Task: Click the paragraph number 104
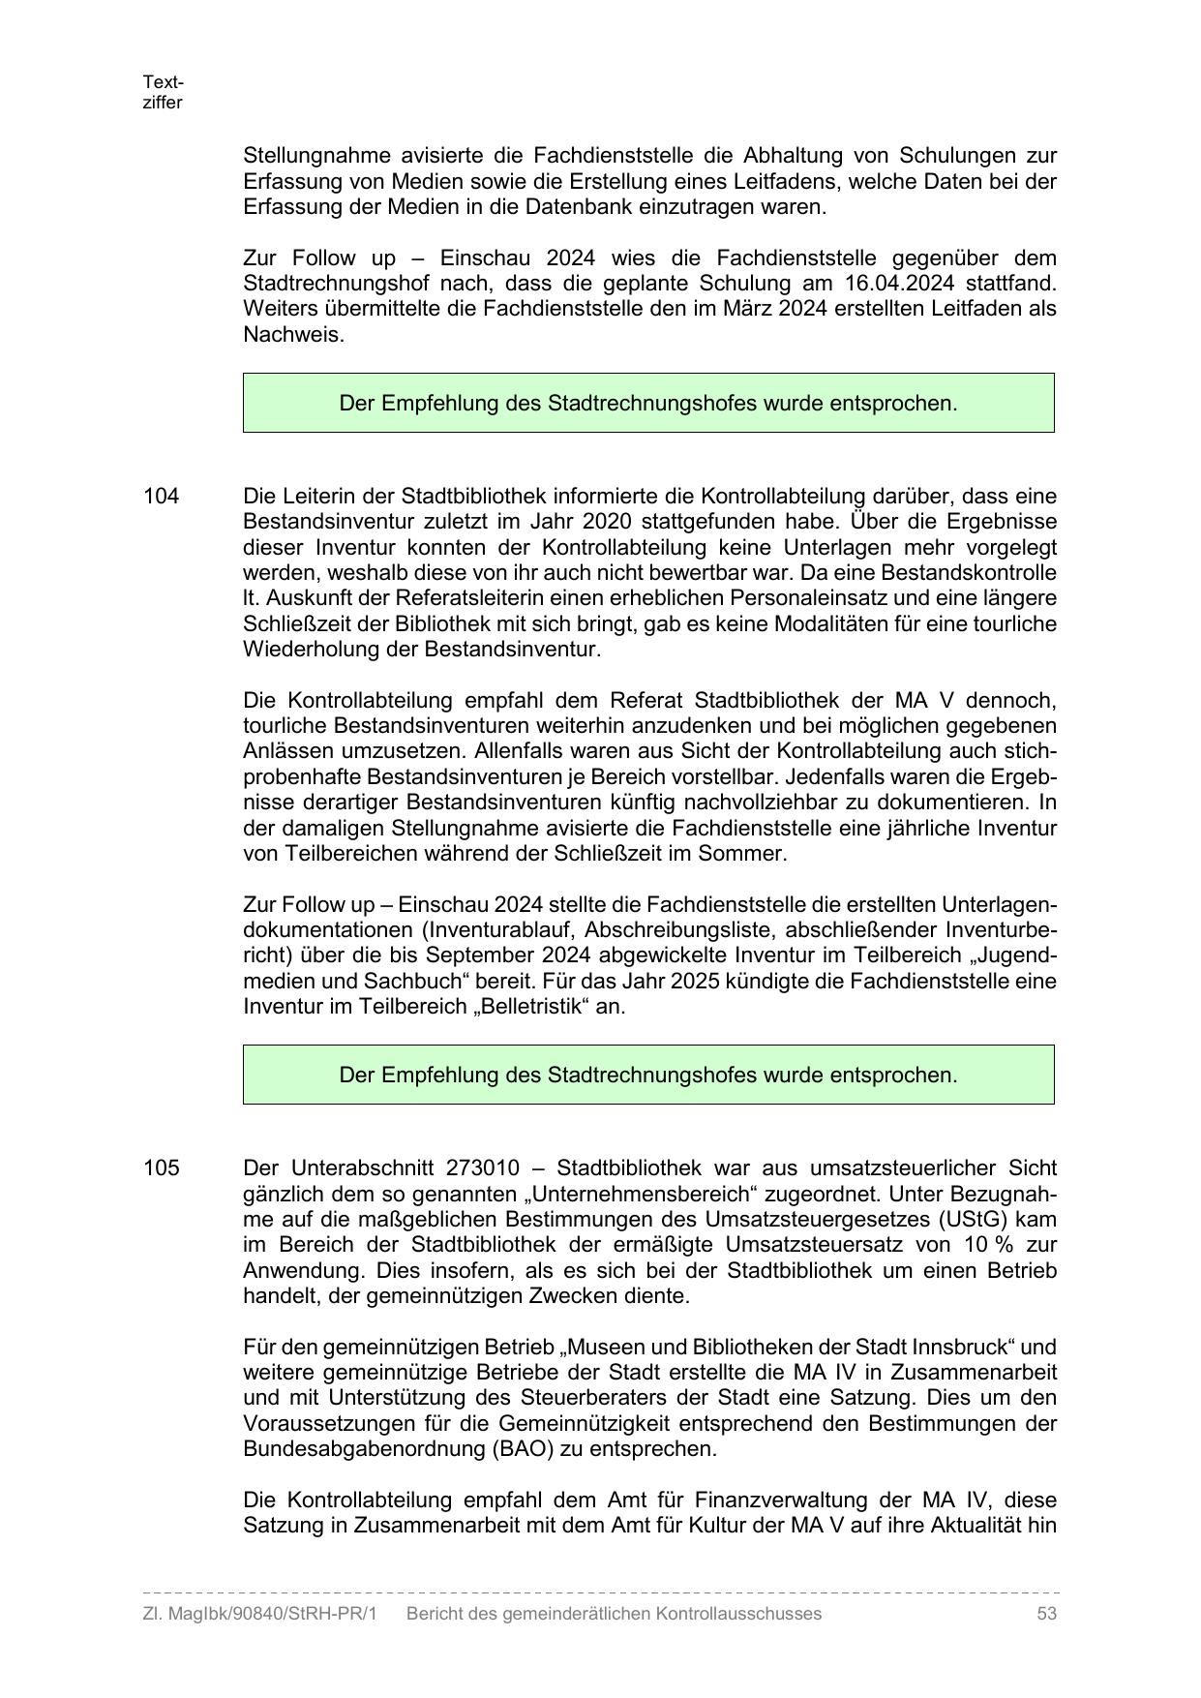pyautogui.click(x=161, y=496)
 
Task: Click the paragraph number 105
pyautogui.click(x=161, y=1167)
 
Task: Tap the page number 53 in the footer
pyautogui.click(x=1045, y=1613)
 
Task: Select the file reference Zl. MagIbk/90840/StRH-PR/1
pyautogui.click(x=258, y=1613)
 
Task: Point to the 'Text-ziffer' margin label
pyautogui.click(x=163, y=92)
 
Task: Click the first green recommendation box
pyautogui.click(x=648, y=403)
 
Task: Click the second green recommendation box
pyautogui.click(x=648, y=1075)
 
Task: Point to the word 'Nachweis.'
pyautogui.click(x=293, y=335)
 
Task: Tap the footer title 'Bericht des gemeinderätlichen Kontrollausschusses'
pyautogui.click(x=614, y=1613)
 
